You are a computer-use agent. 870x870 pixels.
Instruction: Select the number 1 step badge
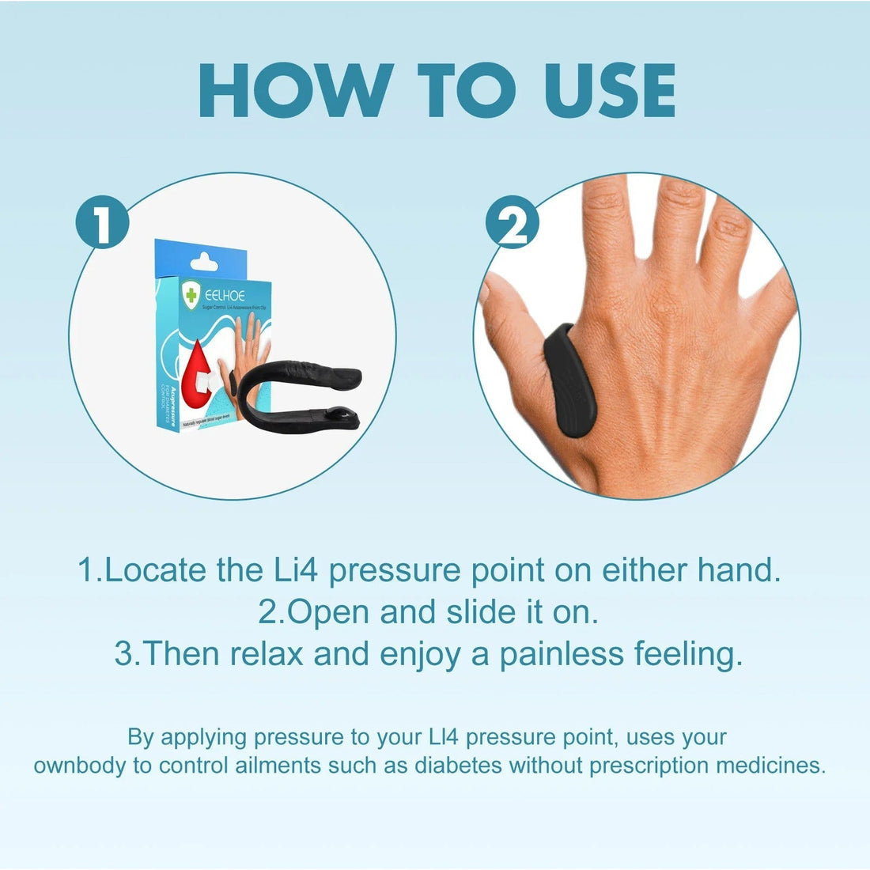coord(102,223)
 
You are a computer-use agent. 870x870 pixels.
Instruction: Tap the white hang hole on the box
coord(204,258)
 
